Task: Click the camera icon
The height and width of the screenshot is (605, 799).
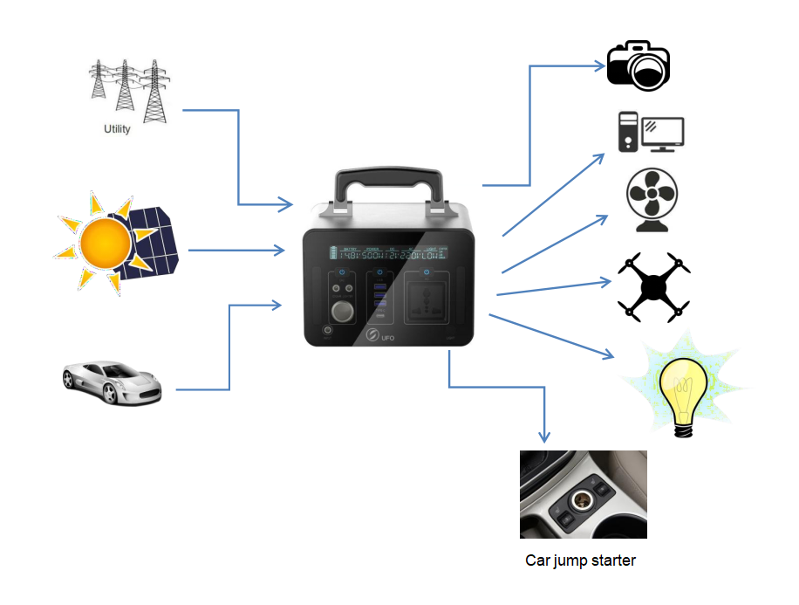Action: pyautogui.click(x=639, y=65)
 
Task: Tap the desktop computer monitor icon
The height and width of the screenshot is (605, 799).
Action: pyautogui.click(x=663, y=132)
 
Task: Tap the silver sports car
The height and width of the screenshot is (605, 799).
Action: pyautogui.click(x=112, y=382)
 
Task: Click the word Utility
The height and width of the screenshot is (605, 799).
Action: pyautogui.click(x=117, y=129)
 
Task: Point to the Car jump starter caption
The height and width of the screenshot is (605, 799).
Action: pyautogui.click(x=580, y=560)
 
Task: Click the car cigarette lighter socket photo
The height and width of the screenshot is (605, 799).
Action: pyautogui.click(x=583, y=494)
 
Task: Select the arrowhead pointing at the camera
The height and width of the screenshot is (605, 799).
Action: pyautogui.click(x=598, y=65)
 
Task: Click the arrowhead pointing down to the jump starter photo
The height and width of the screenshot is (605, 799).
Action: pyautogui.click(x=546, y=437)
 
